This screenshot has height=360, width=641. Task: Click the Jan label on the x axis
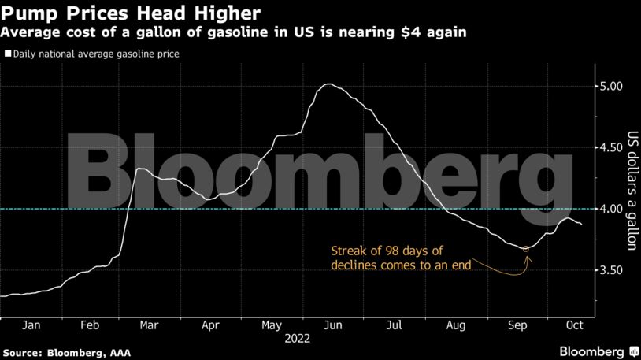31,325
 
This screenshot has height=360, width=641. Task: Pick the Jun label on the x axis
334,325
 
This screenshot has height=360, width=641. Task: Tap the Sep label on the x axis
517,325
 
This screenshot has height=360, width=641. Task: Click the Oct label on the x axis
575,325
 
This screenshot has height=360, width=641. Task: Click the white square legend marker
7,54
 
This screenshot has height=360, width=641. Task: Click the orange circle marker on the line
526,249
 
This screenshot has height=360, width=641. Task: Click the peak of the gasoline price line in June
329,84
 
